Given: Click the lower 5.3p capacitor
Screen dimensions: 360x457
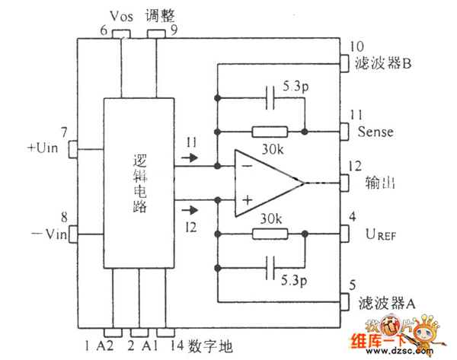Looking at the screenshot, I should click(271, 268).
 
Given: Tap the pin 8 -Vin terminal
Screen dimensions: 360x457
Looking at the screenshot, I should click(74, 232).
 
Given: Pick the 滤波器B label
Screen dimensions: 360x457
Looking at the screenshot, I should click(385, 64).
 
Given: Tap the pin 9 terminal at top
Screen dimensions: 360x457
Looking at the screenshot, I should click(158, 33).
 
